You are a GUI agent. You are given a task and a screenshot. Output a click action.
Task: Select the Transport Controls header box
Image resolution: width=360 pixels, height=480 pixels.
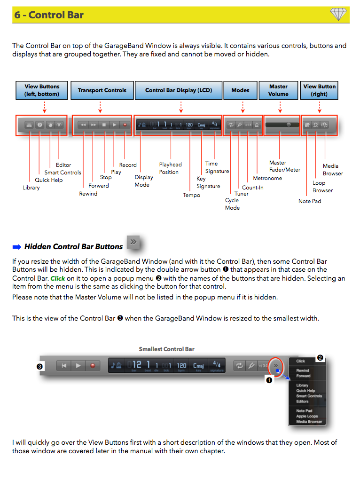pos(102,90)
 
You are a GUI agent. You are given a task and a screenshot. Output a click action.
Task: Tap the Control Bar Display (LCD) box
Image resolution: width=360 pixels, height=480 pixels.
pos(179,90)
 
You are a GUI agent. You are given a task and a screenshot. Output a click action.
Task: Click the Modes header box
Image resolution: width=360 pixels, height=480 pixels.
pos(240,90)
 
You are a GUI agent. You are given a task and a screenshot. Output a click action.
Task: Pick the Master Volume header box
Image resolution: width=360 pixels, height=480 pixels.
pos(278,90)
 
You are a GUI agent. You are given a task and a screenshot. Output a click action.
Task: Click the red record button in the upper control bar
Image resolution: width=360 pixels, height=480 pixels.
pos(125,125)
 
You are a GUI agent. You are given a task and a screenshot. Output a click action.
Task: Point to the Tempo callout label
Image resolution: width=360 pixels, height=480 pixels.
pos(191,195)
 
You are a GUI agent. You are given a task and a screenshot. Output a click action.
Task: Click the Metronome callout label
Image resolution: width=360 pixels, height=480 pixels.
pos(267,178)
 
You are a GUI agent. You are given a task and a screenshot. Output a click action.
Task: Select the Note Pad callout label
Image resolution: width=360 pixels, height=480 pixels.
pos(310,201)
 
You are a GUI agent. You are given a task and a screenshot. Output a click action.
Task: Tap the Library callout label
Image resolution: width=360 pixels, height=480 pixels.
pos(31,188)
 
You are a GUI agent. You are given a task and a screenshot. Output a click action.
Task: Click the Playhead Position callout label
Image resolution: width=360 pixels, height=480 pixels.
pos(170,168)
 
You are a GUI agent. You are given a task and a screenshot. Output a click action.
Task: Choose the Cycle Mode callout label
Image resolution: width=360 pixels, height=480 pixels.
pos(232,204)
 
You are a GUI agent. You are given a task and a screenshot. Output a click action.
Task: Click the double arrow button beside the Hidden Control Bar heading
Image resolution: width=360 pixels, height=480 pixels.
pos(134,242)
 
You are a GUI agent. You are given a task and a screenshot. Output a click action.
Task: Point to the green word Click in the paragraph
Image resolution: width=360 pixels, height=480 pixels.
pos(58,278)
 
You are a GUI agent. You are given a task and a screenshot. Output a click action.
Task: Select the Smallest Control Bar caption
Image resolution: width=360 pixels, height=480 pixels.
pos(166,349)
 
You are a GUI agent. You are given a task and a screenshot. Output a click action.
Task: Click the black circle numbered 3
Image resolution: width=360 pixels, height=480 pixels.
pos(40,366)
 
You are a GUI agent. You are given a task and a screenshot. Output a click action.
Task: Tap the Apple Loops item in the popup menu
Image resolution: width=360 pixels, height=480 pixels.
pos(307,416)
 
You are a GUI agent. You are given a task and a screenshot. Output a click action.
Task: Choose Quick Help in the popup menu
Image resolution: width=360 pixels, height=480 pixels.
pos(305,391)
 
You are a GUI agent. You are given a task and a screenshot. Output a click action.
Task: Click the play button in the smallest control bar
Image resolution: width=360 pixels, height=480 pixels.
pos(78,365)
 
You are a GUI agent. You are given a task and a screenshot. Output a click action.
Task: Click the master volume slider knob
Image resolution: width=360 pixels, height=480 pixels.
pos(289,125)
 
